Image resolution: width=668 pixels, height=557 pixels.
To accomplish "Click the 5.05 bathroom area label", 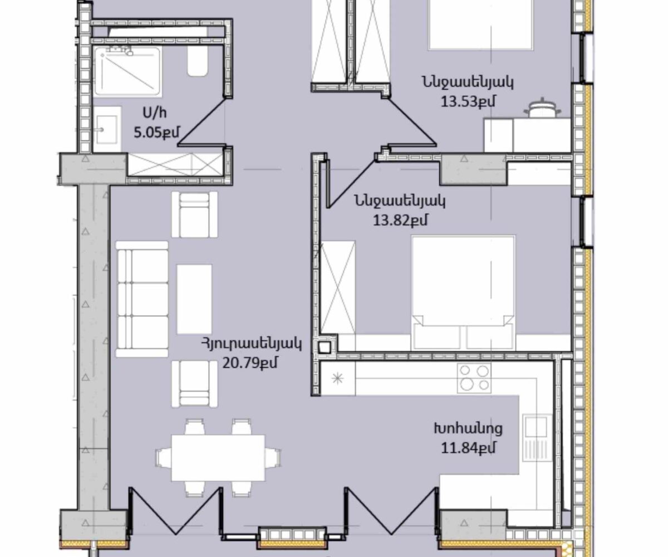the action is pos(156,132).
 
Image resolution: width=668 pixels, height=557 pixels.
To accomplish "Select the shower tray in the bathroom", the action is pos(127,71).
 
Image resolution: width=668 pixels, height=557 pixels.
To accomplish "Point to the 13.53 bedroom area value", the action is pos(468,102).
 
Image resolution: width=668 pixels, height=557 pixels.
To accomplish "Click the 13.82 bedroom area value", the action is pos(400,220).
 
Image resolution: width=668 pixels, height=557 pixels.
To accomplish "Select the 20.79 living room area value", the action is pos(249,363).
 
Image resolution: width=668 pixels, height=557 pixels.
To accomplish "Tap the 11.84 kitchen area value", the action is pos(468,448).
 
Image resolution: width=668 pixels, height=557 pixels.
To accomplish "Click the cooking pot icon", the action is pos(542,109).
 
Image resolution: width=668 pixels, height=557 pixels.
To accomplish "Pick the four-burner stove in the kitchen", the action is pos(474,378).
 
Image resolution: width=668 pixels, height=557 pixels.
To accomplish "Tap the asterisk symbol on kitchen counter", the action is pos(337,379).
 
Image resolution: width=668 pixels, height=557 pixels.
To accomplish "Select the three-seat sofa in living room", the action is pos(142,299).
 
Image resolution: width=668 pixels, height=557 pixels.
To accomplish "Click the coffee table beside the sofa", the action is pos(194,299).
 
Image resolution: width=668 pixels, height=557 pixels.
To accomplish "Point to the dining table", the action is pos(218,458).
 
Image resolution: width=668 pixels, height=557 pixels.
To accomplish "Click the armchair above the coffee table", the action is pos(194,214).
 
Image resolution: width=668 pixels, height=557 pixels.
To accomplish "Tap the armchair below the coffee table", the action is pos(194,384).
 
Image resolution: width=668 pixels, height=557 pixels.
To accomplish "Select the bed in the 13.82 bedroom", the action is pos(463,292).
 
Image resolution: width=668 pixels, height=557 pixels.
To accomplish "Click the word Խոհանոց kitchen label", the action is pos(468,429).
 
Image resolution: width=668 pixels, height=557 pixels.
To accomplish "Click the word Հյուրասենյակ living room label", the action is pos(252,344).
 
